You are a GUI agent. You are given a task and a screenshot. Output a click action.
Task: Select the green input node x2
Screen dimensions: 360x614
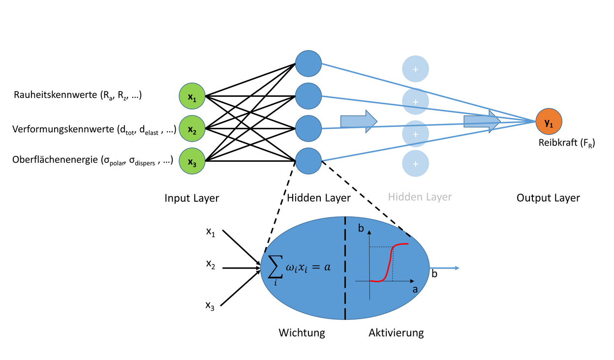pos(191,128)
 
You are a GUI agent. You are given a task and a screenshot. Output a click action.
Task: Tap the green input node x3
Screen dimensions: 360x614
pos(191,161)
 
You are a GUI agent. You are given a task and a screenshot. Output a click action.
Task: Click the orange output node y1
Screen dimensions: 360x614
pos(549,121)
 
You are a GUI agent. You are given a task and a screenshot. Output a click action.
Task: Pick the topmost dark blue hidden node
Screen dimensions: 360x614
pos(308,63)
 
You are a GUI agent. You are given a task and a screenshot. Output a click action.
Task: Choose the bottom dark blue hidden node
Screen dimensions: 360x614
pos(308,160)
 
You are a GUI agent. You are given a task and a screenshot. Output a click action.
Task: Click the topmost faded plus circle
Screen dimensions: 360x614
pos(415,69)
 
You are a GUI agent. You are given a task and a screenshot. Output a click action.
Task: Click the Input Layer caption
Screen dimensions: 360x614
pos(191,198)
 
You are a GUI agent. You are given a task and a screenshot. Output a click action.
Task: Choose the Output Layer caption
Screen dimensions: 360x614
pos(548,198)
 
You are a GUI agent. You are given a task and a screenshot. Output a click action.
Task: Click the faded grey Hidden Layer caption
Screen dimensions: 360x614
pos(420,197)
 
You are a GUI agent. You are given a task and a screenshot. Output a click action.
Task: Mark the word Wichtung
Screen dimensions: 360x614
pos(302,333)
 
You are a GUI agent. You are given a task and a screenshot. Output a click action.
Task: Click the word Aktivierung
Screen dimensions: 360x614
pos(396,333)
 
